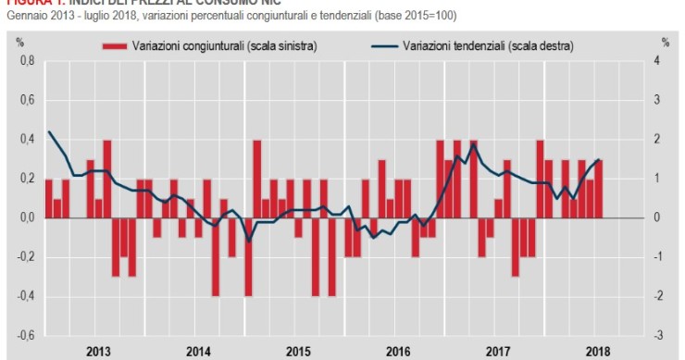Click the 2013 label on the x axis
[98, 351]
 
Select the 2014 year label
[198, 351]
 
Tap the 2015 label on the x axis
[297, 351]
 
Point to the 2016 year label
[398, 351]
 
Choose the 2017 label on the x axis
[498, 351]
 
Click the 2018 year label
[598, 351]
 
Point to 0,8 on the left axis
[28, 61]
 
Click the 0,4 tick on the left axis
[28, 140]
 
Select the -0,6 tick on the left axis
[26, 335]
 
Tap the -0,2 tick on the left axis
[26, 257]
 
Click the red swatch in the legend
[114, 44]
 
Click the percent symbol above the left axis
[19, 43]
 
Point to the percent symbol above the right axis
[665, 43]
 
